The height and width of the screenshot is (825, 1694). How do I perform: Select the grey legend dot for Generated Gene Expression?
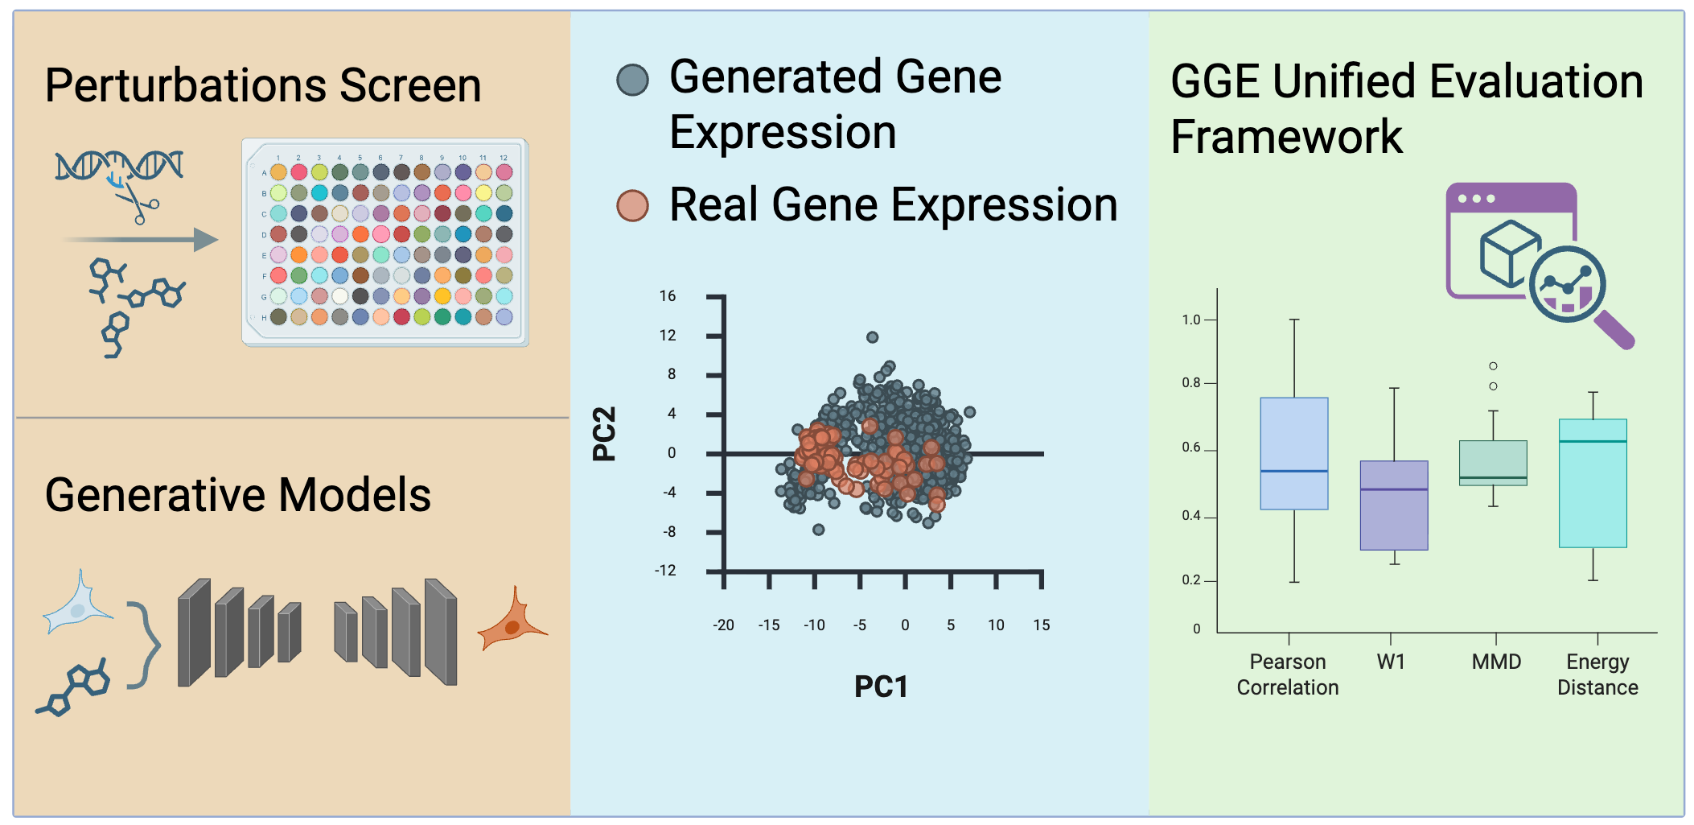tap(632, 80)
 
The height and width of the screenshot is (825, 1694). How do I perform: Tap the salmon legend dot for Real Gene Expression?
tap(632, 205)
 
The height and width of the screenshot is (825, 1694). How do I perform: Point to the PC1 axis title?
tap(881, 687)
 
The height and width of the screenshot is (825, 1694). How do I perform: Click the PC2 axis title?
tap(604, 434)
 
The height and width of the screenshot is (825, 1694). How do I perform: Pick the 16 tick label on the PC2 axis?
tap(668, 296)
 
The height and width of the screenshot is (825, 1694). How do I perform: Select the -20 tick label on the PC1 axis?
tap(723, 625)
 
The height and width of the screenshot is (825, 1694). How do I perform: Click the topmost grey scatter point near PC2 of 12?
tap(872, 337)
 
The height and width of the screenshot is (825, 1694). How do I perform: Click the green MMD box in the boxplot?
tap(1493, 463)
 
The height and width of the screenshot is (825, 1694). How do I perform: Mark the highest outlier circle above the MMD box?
tap(1493, 366)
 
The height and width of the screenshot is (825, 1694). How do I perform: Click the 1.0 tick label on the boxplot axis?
tap(1190, 320)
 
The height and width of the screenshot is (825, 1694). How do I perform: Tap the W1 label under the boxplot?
tap(1391, 662)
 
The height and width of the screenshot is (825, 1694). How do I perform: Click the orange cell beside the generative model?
tap(512, 623)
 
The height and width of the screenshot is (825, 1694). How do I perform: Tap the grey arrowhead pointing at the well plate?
tap(206, 240)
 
